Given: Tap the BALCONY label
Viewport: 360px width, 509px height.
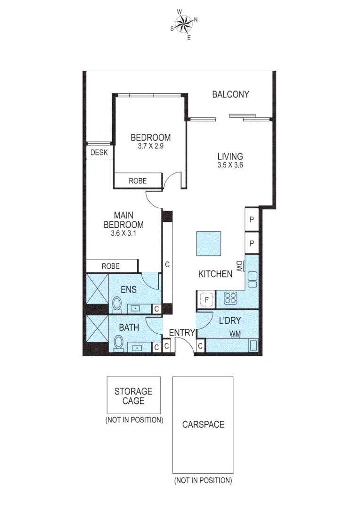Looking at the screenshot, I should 230,94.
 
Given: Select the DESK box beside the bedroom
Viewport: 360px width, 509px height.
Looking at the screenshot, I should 99,153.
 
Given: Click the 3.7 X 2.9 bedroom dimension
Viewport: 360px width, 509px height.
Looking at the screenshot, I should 150,146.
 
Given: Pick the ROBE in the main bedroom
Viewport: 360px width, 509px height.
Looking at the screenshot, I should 111,266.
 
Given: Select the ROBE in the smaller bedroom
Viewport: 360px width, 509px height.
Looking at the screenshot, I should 138,181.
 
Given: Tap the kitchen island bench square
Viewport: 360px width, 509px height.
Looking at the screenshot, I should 209,243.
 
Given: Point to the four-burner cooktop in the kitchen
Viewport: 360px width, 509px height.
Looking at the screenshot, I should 231,298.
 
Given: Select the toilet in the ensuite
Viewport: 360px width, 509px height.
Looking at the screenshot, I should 117,304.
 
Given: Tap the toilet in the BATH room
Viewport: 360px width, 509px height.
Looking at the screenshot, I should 119,342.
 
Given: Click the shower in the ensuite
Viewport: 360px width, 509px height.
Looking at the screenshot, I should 97,288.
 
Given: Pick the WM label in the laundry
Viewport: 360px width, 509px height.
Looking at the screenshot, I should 236,334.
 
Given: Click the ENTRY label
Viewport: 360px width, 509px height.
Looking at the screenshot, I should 182,333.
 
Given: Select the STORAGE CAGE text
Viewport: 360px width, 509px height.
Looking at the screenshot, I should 133,396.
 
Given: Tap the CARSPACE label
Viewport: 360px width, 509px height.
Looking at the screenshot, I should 203,424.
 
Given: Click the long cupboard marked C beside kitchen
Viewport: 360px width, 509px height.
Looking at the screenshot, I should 167,264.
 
